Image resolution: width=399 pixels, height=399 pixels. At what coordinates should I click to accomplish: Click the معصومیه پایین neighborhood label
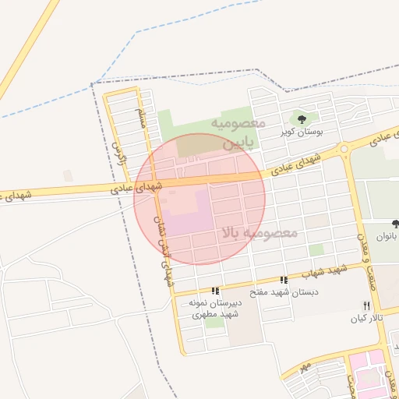click(238, 133)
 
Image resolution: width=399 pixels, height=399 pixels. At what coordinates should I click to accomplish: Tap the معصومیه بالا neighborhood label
click(258, 232)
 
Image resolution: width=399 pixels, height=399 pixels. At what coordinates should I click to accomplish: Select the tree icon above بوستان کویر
click(302, 119)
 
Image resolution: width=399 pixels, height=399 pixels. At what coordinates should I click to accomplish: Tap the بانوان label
click(390, 235)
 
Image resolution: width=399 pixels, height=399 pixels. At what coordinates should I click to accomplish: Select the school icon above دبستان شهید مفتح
click(284, 280)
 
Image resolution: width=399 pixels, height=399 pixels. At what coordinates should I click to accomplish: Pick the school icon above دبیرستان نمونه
click(216, 291)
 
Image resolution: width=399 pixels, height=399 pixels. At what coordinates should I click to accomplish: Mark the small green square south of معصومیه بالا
click(316, 249)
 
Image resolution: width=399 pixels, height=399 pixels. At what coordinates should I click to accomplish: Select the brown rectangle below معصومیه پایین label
click(199, 145)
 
